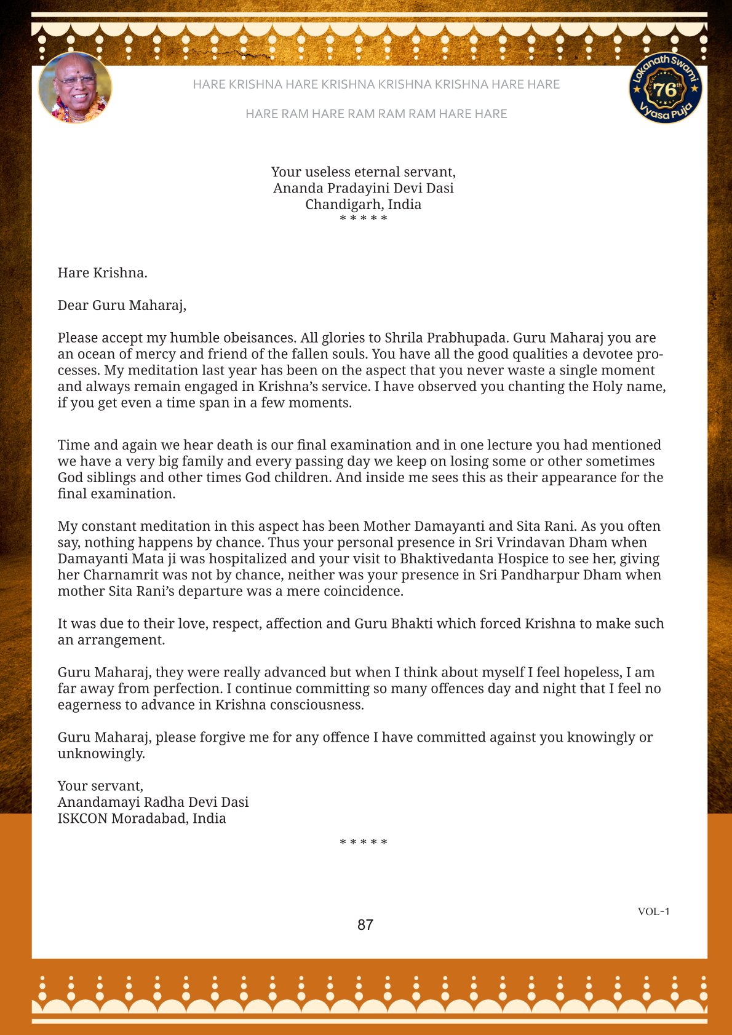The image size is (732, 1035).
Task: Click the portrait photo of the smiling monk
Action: point(75,88)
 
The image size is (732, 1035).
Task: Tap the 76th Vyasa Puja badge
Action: point(666,89)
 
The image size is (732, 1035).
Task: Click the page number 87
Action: point(365,925)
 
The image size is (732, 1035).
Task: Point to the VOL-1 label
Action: point(653,911)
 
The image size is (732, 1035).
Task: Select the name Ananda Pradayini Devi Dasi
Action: point(363,188)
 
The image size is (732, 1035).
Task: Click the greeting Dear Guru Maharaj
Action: point(122,305)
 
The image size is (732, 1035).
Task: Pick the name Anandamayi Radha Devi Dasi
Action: point(153,802)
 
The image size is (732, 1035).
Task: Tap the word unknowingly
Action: point(101,753)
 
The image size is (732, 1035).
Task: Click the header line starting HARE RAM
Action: point(376,114)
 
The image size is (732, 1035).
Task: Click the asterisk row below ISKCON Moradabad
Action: point(364,843)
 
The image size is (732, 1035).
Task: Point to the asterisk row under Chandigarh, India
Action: point(364,219)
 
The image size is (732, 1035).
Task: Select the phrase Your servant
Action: point(100,786)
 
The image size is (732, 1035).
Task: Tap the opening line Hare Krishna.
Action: point(102,272)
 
